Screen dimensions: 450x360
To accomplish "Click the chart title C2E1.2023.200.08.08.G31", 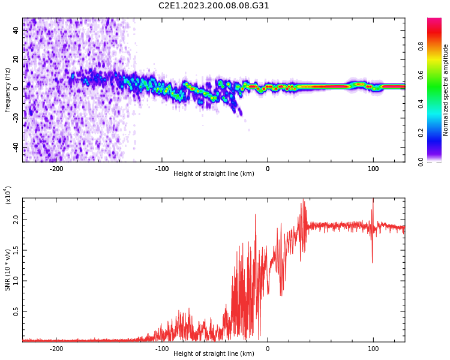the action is [214, 5].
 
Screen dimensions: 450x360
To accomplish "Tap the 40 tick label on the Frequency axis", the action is [16, 30].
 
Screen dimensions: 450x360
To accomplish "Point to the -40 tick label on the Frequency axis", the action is [16, 148].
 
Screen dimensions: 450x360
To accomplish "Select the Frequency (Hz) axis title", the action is [7, 90].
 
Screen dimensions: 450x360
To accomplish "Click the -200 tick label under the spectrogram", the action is [56, 169].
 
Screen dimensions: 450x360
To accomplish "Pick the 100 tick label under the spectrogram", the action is [373, 169].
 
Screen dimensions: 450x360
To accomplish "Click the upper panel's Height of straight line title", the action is [214, 173].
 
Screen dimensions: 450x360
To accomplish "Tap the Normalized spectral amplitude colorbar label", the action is [445, 90].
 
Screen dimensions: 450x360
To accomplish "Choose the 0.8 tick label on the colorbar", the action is [421, 46].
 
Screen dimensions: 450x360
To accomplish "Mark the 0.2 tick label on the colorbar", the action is [421, 133].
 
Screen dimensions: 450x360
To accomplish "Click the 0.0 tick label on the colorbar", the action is [421, 162].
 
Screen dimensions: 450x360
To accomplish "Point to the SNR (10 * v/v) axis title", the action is [7, 270].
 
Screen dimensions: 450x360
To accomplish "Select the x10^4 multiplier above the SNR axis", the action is [8, 195].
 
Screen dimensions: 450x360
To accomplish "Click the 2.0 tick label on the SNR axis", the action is [16, 220].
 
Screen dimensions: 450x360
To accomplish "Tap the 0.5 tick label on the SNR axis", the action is [16, 311].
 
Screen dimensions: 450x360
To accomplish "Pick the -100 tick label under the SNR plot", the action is [162, 349].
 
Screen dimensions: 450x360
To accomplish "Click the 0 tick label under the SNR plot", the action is [268, 349].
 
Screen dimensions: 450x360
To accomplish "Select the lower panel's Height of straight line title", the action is [214, 353].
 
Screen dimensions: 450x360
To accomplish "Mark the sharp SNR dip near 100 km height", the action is [372, 262].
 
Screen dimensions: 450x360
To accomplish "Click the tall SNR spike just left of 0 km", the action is [256, 215].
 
